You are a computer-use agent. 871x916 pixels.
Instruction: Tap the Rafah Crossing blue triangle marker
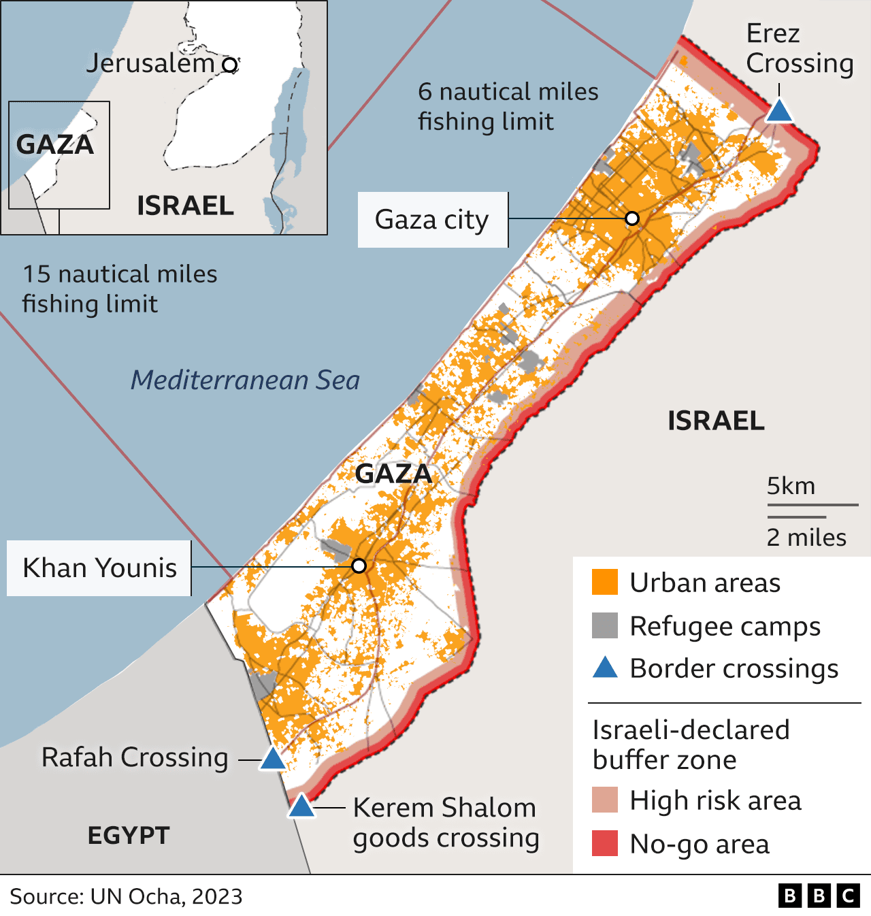coord(273,759)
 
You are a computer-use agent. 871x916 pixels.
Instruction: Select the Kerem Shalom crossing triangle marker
coord(301,807)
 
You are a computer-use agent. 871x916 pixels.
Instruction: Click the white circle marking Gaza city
coord(632,218)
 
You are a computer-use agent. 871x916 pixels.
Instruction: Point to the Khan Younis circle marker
coord(359,566)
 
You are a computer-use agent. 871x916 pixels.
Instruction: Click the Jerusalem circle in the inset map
coord(231,65)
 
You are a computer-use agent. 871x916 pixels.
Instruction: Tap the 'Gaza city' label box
coord(432,220)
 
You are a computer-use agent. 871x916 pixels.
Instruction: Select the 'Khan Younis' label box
coord(99,568)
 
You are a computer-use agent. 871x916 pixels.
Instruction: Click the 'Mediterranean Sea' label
coord(245,380)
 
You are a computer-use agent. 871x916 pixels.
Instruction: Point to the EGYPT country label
coord(129,836)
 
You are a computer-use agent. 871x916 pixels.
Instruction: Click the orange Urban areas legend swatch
coord(605,583)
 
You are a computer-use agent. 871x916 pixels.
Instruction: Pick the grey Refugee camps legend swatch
coord(605,625)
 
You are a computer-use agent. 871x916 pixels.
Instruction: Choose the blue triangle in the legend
coord(605,668)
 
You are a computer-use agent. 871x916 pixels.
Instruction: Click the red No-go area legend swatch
coord(605,843)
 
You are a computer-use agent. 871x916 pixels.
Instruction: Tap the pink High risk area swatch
coord(605,800)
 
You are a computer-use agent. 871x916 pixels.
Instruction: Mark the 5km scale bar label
coord(791,487)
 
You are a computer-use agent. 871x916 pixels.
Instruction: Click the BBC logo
coord(819,896)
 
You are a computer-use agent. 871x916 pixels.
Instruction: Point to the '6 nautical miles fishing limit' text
coord(508,107)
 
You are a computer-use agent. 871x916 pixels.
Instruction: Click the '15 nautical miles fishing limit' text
coord(120,289)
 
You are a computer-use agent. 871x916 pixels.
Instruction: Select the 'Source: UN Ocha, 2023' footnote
coord(126,896)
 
